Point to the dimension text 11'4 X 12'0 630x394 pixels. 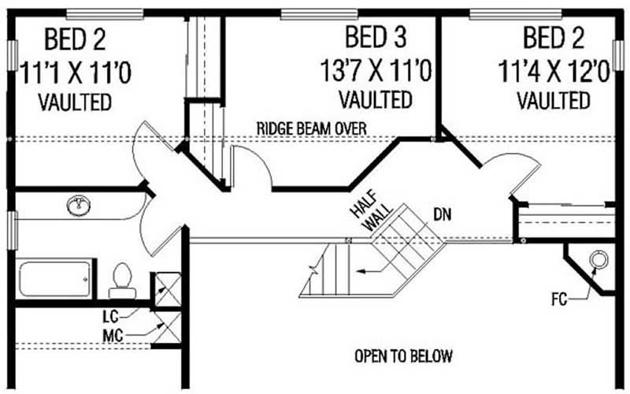point(554,72)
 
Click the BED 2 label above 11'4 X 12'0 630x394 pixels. point(553,37)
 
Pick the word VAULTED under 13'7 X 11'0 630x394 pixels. point(375,100)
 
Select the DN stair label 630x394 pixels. point(442,213)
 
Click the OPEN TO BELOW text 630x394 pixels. point(402,355)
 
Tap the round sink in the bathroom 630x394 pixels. point(80,206)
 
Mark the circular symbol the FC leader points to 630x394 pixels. point(598,259)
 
